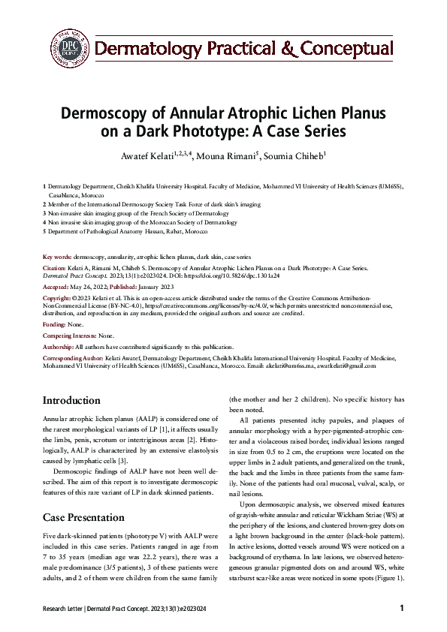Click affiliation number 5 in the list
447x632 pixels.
point(44,232)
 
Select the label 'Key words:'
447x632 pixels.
point(57,257)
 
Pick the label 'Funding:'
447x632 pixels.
point(55,324)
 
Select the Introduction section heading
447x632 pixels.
point(71,401)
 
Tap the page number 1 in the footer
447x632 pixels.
point(402,609)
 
